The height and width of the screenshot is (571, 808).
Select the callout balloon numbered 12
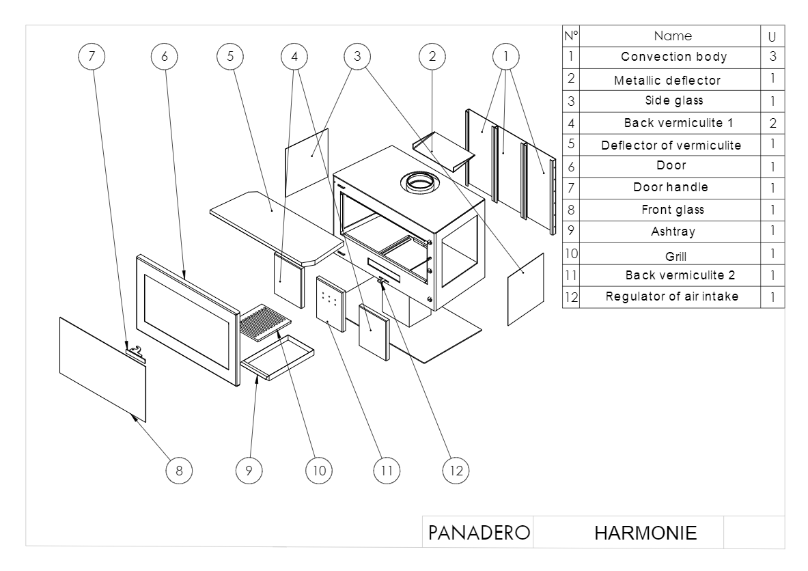pyautogui.click(x=456, y=470)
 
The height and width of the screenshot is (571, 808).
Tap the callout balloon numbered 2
pyautogui.click(x=431, y=58)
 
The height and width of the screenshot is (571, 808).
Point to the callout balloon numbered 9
pyautogui.click(x=249, y=470)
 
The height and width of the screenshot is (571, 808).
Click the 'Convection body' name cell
pyautogui.click(x=673, y=57)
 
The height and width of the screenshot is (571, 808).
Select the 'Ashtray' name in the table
pyautogui.click(x=673, y=232)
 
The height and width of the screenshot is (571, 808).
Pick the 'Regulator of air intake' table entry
pyautogui.click(x=672, y=296)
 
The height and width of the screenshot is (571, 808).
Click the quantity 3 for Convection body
pyautogui.click(x=773, y=57)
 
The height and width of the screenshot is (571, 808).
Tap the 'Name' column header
pyautogui.click(x=673, y=36)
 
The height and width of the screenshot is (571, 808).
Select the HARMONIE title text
pyautogui.click(x=645, y=532)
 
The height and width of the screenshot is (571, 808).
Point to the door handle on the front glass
pyautogui.click(x=137, y=352)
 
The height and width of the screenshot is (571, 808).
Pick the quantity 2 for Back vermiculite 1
pyautogui.click(x=773, y=124)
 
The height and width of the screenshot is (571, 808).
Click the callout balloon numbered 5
pyautogui.click(x=230, y=58)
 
